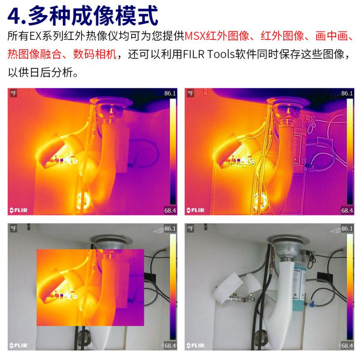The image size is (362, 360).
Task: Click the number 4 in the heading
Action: (15, 16)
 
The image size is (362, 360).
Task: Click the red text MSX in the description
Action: (195, 36)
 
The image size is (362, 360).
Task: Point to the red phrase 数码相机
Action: (95, 54)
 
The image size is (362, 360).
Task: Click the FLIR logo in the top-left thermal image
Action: (19, 210)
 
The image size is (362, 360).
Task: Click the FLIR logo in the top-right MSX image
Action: (195, 210)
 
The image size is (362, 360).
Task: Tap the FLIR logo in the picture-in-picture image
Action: (19, 346)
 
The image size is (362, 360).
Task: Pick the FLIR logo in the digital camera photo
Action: (195, 346)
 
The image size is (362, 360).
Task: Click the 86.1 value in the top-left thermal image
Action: (170, 93)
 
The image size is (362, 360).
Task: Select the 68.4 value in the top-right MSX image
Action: (347, 211)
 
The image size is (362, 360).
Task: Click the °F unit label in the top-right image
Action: (191, 93)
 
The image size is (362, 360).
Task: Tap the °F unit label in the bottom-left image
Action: (14, 229)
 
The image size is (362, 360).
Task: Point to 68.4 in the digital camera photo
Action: (347, 346)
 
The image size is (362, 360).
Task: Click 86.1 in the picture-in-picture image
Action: (170, 229)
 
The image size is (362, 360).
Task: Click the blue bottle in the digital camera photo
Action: (300, 288)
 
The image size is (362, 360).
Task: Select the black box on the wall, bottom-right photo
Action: (325, 277)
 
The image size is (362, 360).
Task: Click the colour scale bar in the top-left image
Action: (173, 152)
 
